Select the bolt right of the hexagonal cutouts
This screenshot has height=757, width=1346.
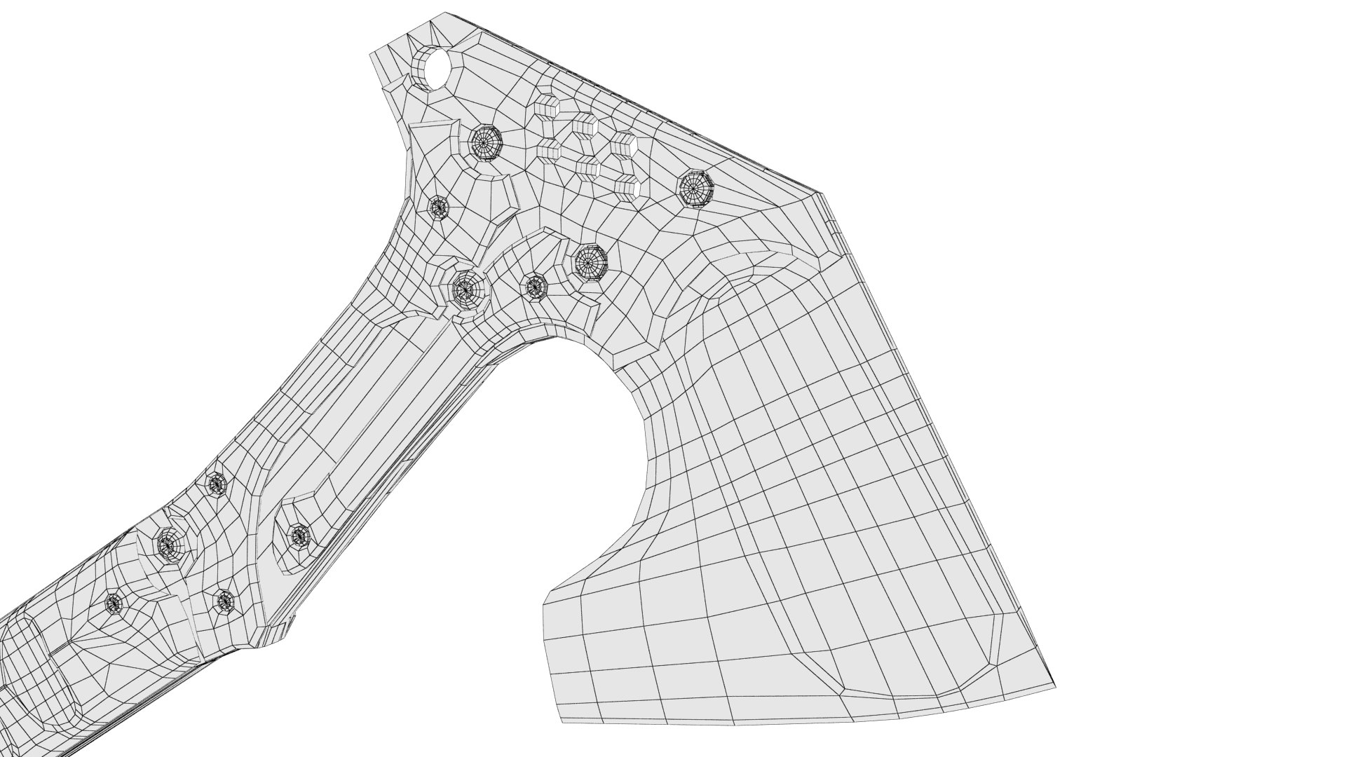695,188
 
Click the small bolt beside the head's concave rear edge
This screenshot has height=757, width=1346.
439,207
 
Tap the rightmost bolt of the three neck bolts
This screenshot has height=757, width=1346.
591,262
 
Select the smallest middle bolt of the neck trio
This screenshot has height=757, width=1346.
536,286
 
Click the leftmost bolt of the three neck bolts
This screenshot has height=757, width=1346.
465,287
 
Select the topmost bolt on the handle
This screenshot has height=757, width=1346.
217,482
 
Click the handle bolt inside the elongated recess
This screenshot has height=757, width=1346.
299,536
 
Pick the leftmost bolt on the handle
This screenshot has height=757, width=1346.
114,602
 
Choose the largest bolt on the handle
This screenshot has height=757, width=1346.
168,544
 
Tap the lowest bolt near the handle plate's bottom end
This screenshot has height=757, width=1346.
224,601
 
